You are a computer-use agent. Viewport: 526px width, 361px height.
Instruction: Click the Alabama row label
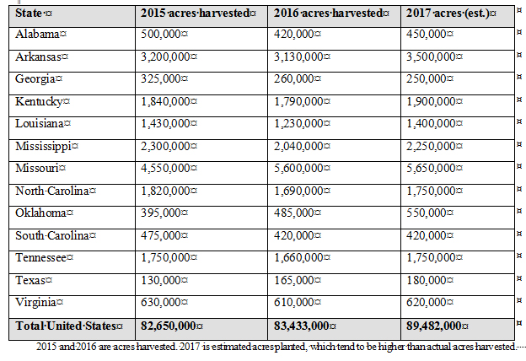pyautogui.click(x=39, y=33)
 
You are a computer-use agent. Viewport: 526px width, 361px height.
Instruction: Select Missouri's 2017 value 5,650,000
pyautogui.click(x=436, y=168)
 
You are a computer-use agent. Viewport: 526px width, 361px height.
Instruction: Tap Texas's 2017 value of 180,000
pyautogui.click(x=429, y=279)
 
